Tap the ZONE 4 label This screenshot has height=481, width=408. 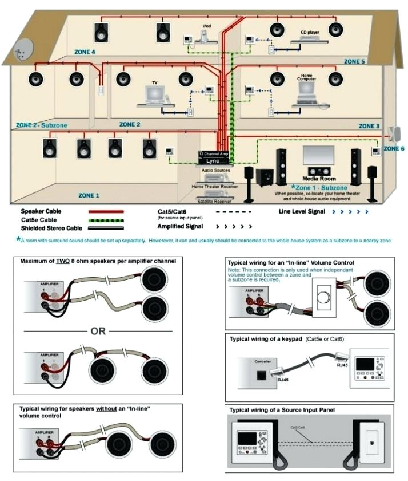[x=85, y=52]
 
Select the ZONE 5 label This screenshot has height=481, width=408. [x=354, y=61]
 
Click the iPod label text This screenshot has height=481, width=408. [x=207, y=26]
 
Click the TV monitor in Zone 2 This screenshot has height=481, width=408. [x=154, y=92]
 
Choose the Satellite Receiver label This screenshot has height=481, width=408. [x=214, y=202]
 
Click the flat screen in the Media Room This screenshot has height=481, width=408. [x=318, y=155]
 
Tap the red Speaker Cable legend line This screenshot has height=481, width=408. [x=106, y=211]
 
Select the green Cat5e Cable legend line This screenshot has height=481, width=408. [x=106, y=219]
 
